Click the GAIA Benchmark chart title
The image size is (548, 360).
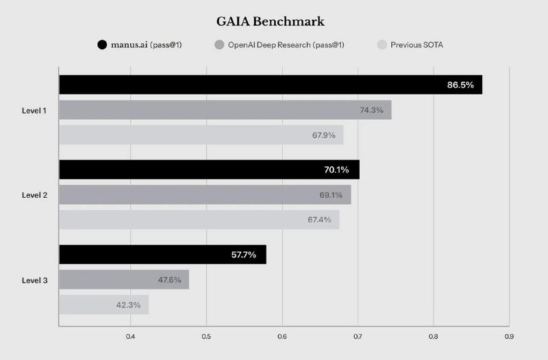click(270, 22)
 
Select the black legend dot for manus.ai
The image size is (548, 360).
click(102, 45)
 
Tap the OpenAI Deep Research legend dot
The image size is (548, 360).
click(219, 45)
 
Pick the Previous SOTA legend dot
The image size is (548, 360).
click(382, 45)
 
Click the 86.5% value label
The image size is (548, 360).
click(460, 85)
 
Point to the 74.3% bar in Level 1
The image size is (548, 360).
click(225, 110)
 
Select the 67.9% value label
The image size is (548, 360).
click(323, 135)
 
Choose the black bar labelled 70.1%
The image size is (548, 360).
click(210, 170)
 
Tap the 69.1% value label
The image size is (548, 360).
click(331, 195)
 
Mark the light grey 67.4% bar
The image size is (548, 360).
click(199, 220)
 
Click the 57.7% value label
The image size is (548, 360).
click(244, 255)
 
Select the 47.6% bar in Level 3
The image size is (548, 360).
click(124, 279)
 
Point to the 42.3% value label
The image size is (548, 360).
click(128, 305)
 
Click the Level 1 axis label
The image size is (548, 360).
click(34, 111)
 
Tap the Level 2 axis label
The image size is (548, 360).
click(35, 195)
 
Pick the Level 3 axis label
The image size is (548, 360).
click(35, 281)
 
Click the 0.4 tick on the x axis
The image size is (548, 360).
click(130, 337)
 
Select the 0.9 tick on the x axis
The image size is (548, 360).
click(509, 337)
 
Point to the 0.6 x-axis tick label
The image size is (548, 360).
click(282, 337)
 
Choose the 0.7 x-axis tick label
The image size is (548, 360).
click(358, 337)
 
